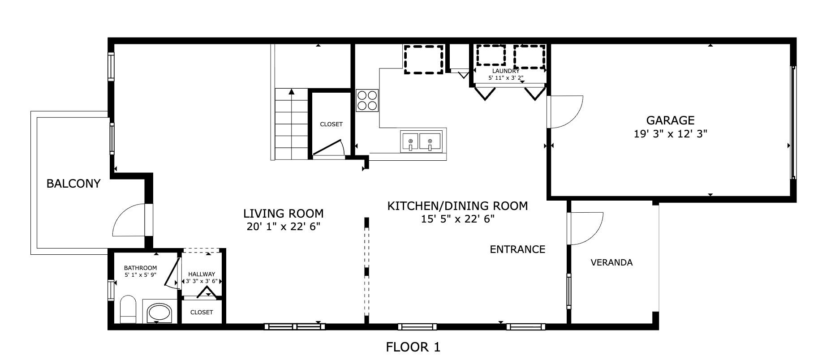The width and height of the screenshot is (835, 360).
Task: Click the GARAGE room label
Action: (x=670, y=120)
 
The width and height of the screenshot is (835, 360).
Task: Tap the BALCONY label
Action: (x=73, y=184)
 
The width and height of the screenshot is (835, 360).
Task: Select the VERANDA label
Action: (x=611, y=262)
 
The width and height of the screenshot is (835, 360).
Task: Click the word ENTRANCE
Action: (x=517, y=249)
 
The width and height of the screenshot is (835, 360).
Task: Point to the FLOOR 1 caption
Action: (x=413, y=347)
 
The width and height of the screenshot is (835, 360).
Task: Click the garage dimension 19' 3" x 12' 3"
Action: (x=670, y=134)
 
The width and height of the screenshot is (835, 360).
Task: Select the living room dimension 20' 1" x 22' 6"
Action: (x=284, y=227)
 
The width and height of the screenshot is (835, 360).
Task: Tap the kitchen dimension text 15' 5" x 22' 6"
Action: (x=457, y=219)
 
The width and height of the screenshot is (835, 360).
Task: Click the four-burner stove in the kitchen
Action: (x=367, y=100)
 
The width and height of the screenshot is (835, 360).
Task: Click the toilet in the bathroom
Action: (x=128, y=309)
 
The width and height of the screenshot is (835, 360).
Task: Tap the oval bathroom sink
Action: (x=160, y=313)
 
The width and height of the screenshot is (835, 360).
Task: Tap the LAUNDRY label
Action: (x=506, y=71)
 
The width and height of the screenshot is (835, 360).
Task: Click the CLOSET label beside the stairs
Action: (x=331, y=124)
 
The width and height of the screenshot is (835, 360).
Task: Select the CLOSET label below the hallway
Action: (x=202, y=312)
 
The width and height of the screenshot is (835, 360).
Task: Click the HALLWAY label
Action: (x=202, y=274)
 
